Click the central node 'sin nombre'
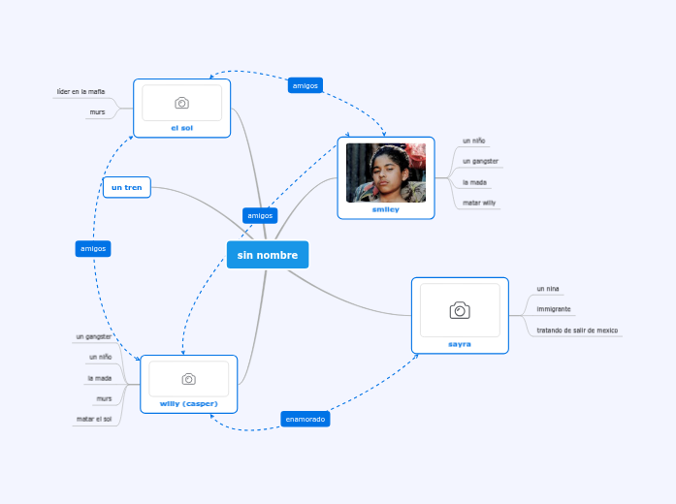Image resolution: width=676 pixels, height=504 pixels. [x=268, y=255]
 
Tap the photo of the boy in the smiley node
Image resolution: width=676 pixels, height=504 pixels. [x=385, y=173]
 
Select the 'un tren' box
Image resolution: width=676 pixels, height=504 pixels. [x=126, y=187]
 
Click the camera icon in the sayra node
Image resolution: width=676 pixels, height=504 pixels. [x=460, y=310]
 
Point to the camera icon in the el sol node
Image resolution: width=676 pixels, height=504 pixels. [x=181, y=103]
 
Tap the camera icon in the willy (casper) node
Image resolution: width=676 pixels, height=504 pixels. [x=188, y=379]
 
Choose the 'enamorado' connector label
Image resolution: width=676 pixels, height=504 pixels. [x=306, y=419]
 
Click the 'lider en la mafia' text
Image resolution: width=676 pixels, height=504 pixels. [x=80, y=92]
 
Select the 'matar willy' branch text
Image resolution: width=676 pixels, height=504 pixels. [x=479, y=203]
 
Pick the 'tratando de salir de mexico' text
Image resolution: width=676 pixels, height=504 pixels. [x=577, y=330]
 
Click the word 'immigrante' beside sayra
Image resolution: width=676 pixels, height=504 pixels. [x=553, y=309]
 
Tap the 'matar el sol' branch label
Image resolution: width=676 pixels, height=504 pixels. [x=94, y=419]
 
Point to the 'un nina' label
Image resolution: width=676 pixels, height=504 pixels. [x=548, y=289]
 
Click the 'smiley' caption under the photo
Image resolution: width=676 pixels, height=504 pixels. [x=385, y=209]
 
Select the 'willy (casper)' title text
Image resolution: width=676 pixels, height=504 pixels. [x=188, y=403]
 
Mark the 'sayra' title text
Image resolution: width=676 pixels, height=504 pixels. [x=460, y=343]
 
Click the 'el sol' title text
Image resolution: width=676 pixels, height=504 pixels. [x=181, y=127]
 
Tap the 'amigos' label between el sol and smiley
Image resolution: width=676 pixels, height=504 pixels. [x=306, y=85]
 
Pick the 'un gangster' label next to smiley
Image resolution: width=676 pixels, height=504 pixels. [x=480, y=161]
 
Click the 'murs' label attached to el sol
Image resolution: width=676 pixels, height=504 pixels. [x=97, y=112]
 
